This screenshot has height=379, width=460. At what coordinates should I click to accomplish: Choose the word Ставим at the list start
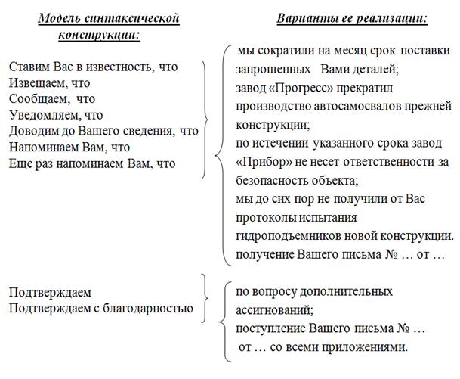click(x=29, y=67)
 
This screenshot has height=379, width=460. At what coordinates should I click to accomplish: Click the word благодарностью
click(x=149, y=308)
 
